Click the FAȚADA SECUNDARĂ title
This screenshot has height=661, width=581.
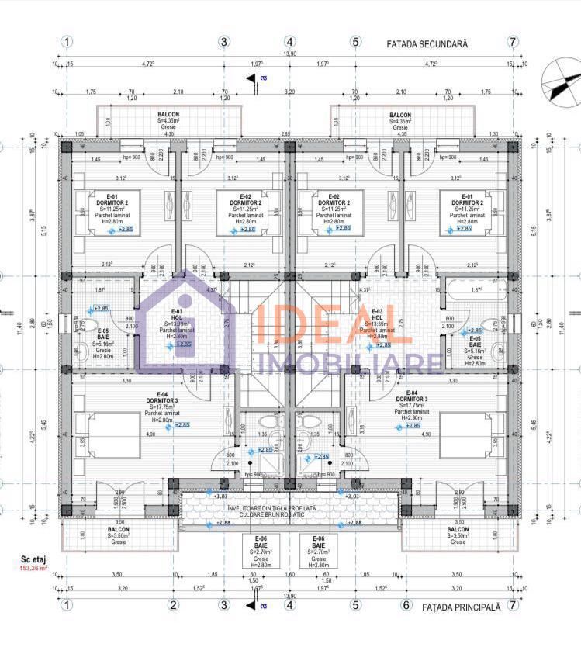click(x=427, y=45)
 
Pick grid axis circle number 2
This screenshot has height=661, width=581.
click(x=174, y=606)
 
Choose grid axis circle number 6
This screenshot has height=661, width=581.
click(x=405, y=606)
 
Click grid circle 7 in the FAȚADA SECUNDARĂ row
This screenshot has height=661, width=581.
click(x=513, y=42)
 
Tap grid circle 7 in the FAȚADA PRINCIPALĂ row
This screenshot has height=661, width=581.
click(x=513, y=606)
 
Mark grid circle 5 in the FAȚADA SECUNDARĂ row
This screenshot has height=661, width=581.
click(x=356, y=42)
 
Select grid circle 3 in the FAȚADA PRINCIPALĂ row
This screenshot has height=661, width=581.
click(x=224, y=606)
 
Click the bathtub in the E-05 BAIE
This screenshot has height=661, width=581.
click(x=474, y=293)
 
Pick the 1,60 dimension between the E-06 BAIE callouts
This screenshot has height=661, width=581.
click(x=290, y=576)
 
